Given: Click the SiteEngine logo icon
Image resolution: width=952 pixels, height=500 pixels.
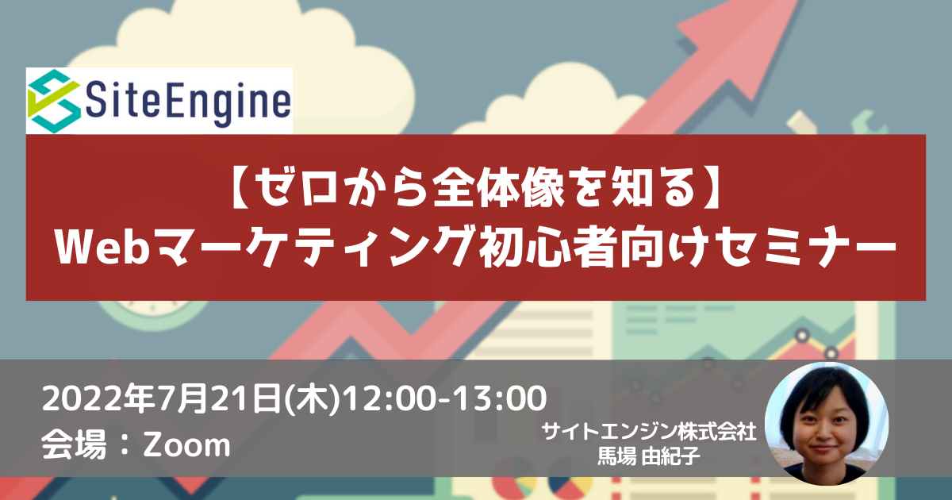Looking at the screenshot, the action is (55, 101).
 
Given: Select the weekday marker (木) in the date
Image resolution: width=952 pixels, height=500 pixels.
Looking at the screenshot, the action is (313, 398).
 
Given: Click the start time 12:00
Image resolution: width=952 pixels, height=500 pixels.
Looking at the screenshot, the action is (390, 398).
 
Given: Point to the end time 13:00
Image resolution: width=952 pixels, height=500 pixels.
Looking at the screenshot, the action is (500, 398).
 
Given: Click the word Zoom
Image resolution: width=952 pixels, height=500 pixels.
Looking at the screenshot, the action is (186, 444).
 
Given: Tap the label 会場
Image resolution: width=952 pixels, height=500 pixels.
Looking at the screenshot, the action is (74, 444).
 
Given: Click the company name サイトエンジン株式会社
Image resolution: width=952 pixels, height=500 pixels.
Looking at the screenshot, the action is (649, 432).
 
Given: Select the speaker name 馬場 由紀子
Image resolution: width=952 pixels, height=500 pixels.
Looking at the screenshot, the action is (649, 456).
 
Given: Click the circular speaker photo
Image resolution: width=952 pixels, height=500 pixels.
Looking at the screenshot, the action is (827, 424).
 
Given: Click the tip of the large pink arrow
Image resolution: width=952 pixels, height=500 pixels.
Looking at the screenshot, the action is (798, 2).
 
